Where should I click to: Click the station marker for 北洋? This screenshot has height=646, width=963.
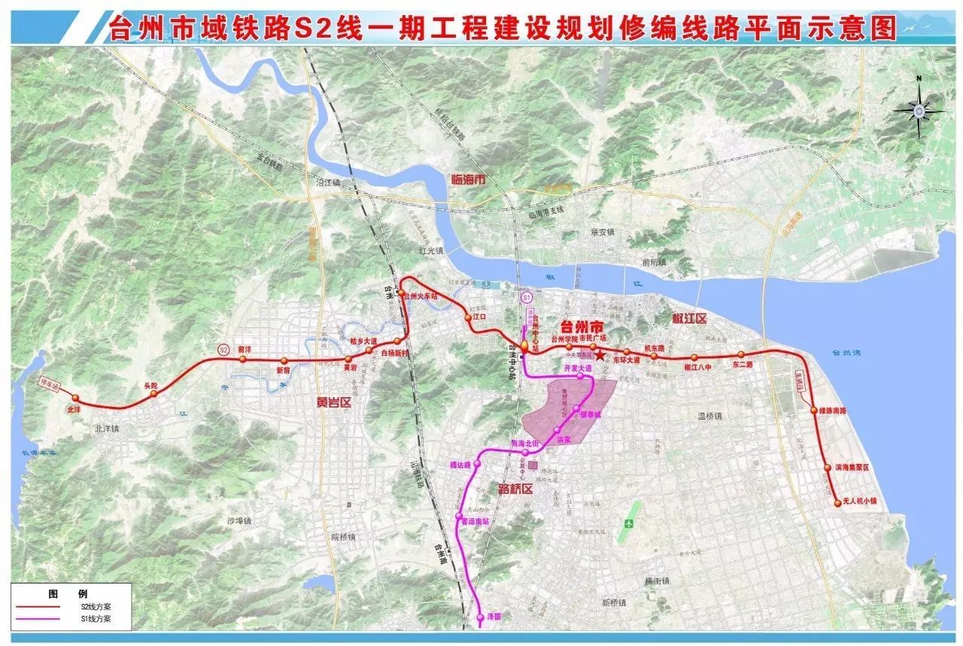(75, 399)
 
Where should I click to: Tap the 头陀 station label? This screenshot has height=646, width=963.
(150, 385)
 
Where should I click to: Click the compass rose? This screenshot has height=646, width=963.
(919, 110)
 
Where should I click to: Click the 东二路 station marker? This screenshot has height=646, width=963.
(741, 355)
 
